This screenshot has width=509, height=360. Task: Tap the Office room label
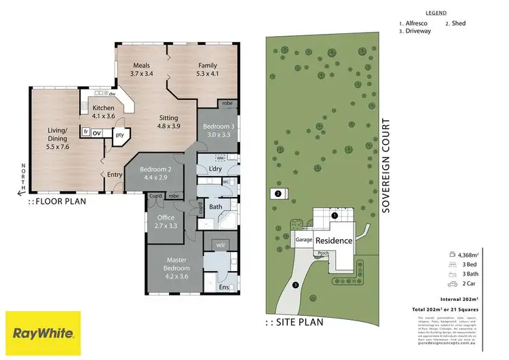click(x=166, y=222)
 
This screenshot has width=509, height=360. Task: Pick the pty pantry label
click(x=120, y=134)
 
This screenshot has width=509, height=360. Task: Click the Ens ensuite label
click(x=223, y=288)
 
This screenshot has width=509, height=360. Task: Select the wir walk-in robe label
click(x=220, y=245)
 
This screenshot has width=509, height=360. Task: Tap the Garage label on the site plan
click(x=303, y=240)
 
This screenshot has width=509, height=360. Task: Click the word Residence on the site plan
click(x=333, y=241)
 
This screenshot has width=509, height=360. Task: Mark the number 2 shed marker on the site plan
click(x=278, y=194)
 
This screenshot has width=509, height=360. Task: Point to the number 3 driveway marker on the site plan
click(x=295, y=285)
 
